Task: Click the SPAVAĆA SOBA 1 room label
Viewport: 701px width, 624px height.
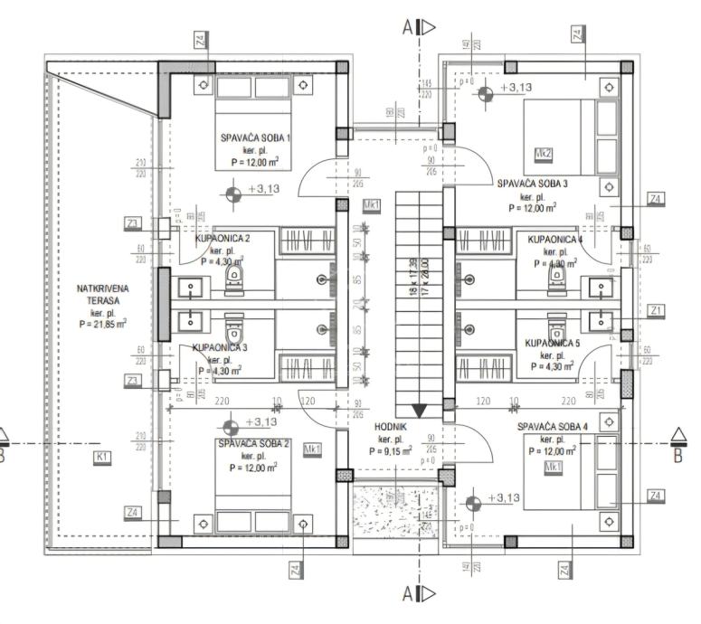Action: point(255,138)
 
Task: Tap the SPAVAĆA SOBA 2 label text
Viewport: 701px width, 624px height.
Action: point(253,444)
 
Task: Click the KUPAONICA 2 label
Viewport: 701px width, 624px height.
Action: point(223,238)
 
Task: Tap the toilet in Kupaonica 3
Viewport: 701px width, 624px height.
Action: point(234,324)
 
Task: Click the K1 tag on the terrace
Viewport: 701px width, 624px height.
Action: point(102,457)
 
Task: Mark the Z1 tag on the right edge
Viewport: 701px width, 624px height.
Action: point(657,310)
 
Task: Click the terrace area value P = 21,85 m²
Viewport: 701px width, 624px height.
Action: point(102,323)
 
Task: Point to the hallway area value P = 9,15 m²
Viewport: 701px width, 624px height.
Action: point(390,450)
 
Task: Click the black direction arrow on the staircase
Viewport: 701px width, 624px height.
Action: point(420,411)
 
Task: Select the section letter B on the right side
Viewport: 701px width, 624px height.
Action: point(678,455)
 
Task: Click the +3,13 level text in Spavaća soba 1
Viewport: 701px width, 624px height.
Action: point(263,189)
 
